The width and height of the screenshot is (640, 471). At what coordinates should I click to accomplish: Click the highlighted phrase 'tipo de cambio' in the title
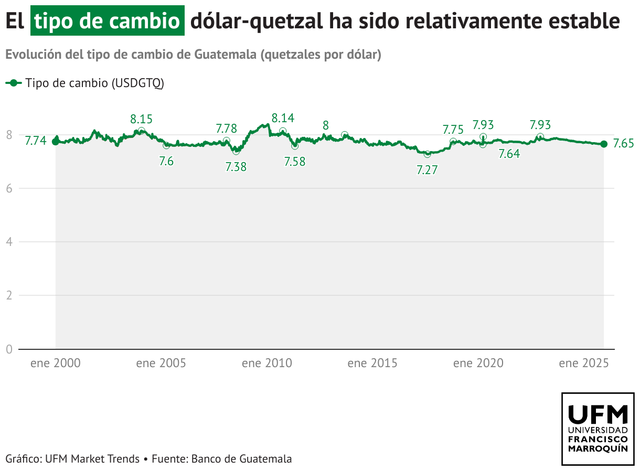[x=108, y=21]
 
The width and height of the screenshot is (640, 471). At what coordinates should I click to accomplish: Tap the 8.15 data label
[x=142, y=119]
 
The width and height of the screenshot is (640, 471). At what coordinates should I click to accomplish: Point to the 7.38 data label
[x=236, y=167]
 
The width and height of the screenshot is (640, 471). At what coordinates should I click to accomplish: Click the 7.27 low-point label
[x=427, y=170]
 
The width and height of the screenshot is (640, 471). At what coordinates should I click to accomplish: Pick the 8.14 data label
[x=283, y=117]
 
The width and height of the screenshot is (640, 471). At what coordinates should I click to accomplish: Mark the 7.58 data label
[x=294, y=162]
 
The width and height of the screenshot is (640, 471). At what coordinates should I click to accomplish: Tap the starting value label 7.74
[x=36, y=140]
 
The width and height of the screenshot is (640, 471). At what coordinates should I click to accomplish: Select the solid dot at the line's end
[x=604, y=144]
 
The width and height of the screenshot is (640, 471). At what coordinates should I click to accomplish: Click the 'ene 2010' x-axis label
[x=266, y=363]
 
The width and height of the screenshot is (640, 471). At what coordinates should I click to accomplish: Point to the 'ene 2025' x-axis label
[x=583, y=363]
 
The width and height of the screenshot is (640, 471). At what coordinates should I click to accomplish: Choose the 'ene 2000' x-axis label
[x=56, y=363]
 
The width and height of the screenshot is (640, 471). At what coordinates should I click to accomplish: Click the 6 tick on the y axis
[x=9, y=188]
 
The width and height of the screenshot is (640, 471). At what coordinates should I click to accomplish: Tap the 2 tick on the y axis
[x=9, y=295]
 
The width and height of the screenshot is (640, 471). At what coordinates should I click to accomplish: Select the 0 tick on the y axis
[x=9, y=349]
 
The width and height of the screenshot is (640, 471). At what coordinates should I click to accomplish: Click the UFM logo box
[x=598, y=429]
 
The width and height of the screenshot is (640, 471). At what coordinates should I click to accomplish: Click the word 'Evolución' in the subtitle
[x=29, y=55]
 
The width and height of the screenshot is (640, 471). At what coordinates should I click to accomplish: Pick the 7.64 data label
[x=509, y=154]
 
